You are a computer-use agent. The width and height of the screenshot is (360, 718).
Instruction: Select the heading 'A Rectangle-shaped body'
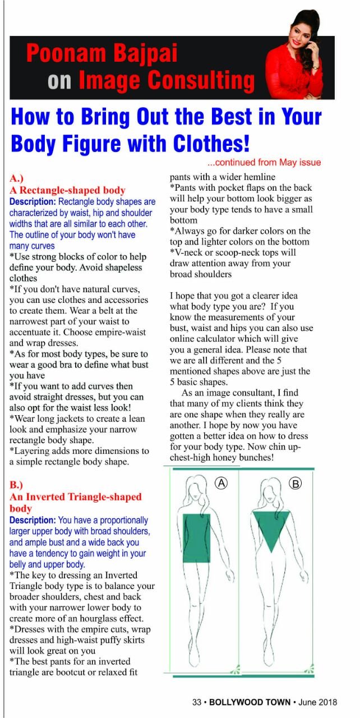(x=67, y=190)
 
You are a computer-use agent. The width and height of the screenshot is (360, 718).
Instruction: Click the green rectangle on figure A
(x=196, y=538)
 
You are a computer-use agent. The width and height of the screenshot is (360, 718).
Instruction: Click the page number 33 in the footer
(x=197, y=702)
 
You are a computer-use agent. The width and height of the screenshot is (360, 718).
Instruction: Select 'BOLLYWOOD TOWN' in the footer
(x=250, y=702)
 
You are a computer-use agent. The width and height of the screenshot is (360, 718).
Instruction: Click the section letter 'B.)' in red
(x=17, y=485)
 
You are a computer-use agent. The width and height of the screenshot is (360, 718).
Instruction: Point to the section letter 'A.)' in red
(x=17, y=179)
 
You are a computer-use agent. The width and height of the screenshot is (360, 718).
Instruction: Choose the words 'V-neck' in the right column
(x=187, y=252)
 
